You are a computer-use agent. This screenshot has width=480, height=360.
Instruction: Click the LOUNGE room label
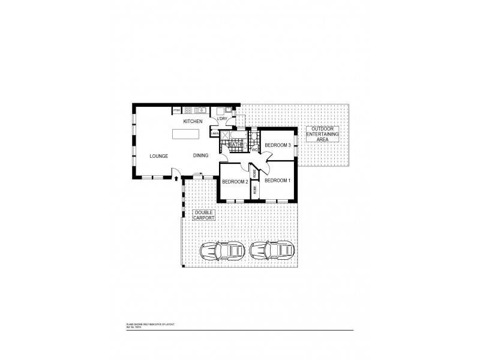coord(158,156)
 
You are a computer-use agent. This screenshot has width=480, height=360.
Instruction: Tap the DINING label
coord(200,156)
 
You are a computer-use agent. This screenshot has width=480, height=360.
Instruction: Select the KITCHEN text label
coord(193,122)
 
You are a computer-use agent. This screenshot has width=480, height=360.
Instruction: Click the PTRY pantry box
coord(176,110)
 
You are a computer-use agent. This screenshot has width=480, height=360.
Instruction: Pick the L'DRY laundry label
coord(222,119)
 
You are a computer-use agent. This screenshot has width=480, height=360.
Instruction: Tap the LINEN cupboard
coord(223,133)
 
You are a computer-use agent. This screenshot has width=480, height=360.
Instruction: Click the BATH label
coord(235,145)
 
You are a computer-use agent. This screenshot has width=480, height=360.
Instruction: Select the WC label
coord(254,150)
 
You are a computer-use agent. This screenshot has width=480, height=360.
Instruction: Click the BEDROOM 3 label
coord(278,145)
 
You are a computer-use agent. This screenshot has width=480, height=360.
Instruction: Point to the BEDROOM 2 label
coord(235,182)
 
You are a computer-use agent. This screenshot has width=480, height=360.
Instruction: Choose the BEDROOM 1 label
coord(277,181)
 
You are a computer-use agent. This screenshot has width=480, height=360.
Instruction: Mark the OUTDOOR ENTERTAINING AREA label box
coord(322,134)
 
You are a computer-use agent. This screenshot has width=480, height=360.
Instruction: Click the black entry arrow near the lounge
coord(175,178)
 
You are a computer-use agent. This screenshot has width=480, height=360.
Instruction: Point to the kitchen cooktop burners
coord(188,110)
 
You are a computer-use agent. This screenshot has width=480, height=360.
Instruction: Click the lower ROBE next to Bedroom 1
coord(255,191)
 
